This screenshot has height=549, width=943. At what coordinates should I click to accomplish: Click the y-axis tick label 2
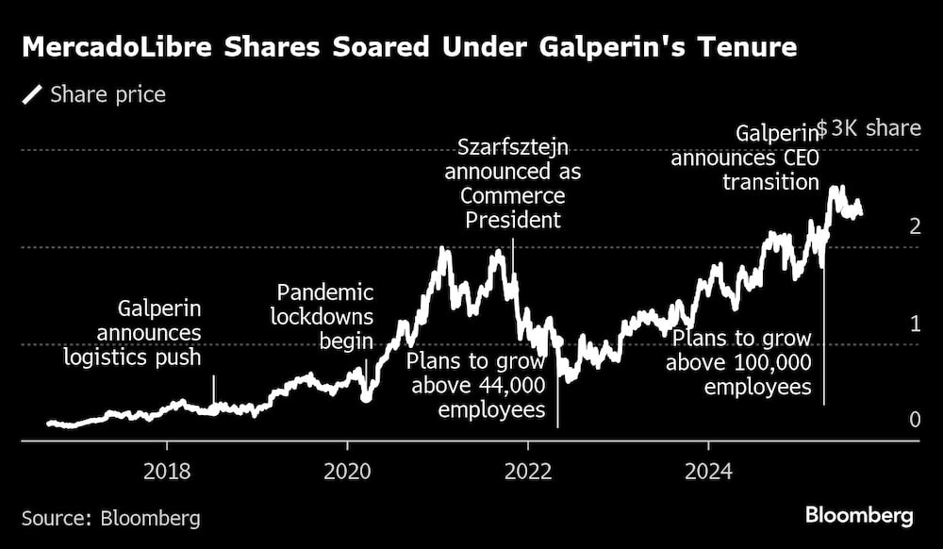click(915, 225)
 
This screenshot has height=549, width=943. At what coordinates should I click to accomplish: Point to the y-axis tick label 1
click(915, 324)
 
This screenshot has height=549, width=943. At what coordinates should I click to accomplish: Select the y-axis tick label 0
click(915, 420)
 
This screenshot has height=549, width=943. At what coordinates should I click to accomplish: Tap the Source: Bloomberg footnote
click(110, 518)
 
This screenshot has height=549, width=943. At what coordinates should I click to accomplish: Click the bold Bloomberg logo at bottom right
click(859, 515)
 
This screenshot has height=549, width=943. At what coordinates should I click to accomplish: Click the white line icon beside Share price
click(33, 94)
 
